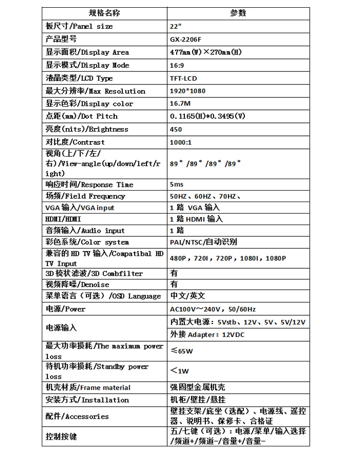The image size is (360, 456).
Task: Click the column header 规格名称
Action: click(x=104, y=13)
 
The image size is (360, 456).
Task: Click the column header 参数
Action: click(x=238, y=13)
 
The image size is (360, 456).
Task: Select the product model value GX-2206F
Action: click(x=186, y=39)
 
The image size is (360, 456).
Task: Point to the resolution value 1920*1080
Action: click(x=188, y=91)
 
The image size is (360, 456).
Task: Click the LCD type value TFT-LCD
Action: click(x=183, y=78)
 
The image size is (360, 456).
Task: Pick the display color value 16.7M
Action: click(x=180, y=104)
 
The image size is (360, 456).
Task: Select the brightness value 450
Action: click(x=176, y=129)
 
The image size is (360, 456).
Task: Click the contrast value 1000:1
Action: click(x=181, y=142)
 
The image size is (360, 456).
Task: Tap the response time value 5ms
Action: click(x=177, y=184)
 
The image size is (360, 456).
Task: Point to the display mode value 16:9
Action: click(x=177, y=65)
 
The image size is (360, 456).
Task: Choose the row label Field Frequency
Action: click(x=85, y=196)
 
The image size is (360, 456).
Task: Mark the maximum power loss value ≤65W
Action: click(x=182, y=351)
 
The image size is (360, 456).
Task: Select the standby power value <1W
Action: click(x=180, y=371)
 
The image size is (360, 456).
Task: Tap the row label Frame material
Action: click(x=88, y=388)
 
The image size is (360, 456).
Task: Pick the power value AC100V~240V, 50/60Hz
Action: click(x=213, y=309)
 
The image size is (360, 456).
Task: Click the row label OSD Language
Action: click(x=103, y=296)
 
